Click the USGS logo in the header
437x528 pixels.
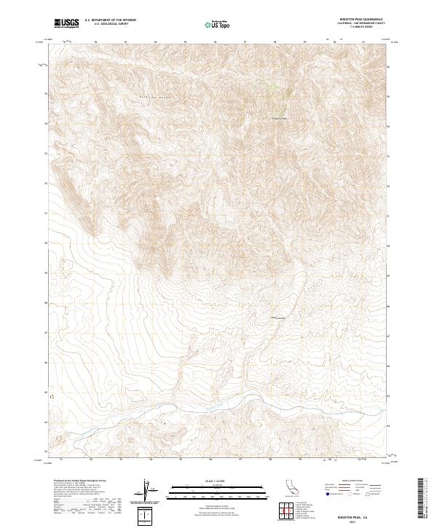[66, 23]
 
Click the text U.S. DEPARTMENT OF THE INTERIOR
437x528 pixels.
[110, 20]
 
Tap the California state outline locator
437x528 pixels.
[290, 487]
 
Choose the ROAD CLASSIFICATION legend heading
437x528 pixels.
[353, 481]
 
